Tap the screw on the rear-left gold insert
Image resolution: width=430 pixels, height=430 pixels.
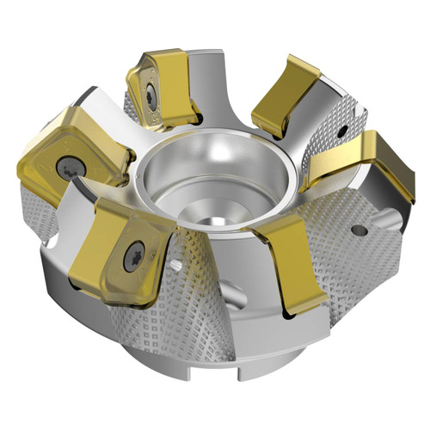click(x=150, y=97)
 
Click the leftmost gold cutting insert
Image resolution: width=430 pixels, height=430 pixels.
click(x=60, y=155)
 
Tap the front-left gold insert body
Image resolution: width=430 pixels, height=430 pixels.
click(x=120, y=249)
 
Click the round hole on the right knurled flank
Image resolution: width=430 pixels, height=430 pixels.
click(x=359, y=230)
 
